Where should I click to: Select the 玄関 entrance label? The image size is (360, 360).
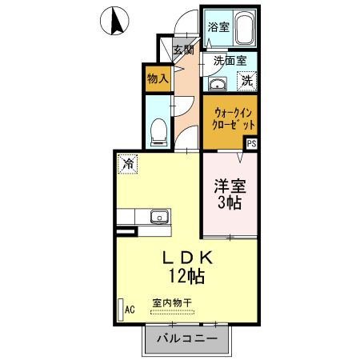tap(183, 50)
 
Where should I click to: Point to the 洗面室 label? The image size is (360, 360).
tap(229, 61)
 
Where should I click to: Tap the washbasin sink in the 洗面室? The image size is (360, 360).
tap(217, 84)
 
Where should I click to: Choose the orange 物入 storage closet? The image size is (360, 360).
tap(156, 78)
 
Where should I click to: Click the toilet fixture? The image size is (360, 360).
tap(159, 130)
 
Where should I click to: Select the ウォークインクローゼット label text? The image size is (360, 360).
tap(233, 119)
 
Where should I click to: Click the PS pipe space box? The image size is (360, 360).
tap(252, 144)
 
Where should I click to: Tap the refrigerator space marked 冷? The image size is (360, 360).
tap(128, 163)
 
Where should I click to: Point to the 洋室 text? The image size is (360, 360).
tap(230, 187)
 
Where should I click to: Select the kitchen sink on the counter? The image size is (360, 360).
tap(158, 216)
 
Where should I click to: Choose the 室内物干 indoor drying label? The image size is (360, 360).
tap(172, 303)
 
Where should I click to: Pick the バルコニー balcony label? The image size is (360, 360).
tap(188, 339)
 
